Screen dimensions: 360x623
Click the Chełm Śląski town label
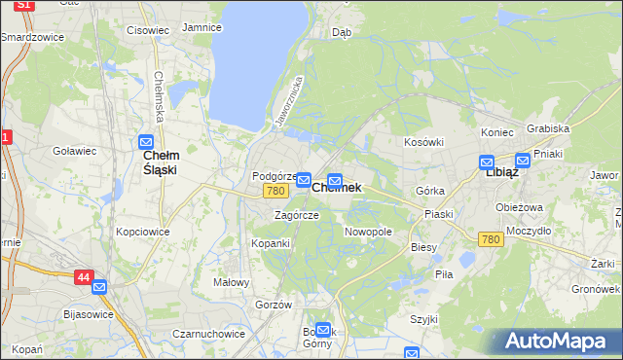coord(160,162)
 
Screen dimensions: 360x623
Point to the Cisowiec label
coord(148,30)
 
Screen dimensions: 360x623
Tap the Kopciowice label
coord(142,233)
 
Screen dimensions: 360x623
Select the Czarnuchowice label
coord(208,333)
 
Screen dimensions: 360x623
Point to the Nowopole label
coord(368,233)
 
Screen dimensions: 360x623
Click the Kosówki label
coord(423,142)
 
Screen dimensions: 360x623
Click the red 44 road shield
coord(82,277)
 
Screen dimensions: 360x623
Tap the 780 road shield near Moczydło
coord(491,239)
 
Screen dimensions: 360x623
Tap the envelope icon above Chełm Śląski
coord(147,142)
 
